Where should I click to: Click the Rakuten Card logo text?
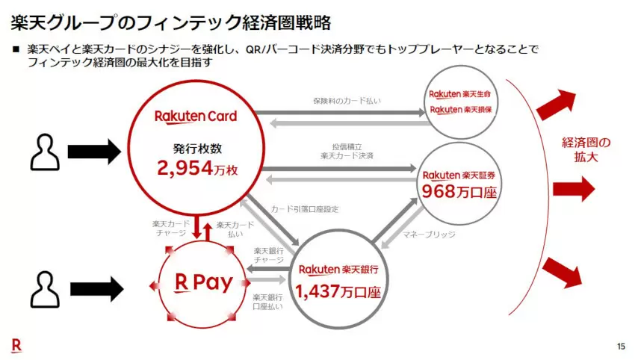pos(196,117)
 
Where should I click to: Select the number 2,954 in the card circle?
pos(185,168)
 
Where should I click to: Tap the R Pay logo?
pos(204,282)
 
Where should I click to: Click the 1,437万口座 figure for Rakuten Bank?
pos(338,291)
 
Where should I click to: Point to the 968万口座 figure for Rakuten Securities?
pos(459,191)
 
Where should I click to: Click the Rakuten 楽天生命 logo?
pos(459,94)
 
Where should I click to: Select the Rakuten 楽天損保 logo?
pos(461,110)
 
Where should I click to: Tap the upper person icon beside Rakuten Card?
pos(45,152)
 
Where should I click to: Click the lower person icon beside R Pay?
pos(45,290)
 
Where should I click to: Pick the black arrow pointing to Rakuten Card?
pos(94,152)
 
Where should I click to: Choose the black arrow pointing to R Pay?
pos(97,289)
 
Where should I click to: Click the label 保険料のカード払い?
pos(347,101)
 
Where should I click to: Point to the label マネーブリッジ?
pos(429,235)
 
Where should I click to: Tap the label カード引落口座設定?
pos(305,209)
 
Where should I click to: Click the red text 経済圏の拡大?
pos(586,149)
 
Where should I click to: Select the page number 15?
pos(622,347)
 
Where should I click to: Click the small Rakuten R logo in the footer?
pos(16,345)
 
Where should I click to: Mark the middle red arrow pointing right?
pos(574,189)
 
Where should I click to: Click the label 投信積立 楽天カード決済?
pos(347,151)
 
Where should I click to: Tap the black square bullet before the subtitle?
pos(16,49)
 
